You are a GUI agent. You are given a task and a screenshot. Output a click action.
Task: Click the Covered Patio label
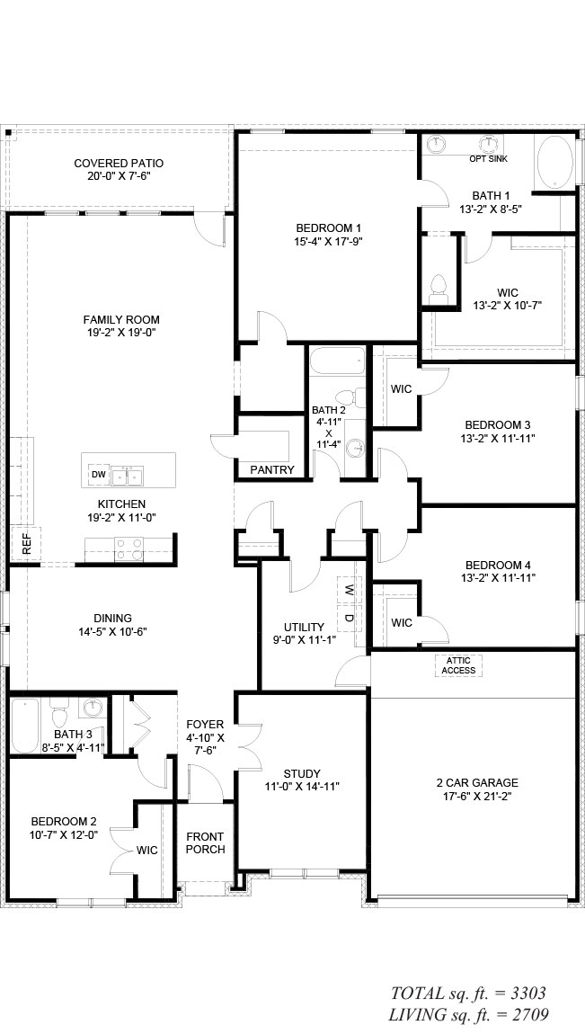119,169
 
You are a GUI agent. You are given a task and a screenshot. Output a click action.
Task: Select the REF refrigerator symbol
26,544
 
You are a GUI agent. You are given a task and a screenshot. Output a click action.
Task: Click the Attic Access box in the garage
458,665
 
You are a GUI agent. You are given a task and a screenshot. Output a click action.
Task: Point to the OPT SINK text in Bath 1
488,159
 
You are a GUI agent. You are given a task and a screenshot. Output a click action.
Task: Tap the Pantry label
272,469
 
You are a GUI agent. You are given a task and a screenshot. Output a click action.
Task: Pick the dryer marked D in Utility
349,620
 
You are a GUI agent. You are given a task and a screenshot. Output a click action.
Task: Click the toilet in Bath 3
60,715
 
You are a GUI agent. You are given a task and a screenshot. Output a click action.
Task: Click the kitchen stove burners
129,548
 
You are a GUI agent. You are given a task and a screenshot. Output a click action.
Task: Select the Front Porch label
205,842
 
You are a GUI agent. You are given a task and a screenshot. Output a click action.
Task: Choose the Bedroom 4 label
498,566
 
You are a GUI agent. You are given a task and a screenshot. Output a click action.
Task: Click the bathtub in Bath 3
25,726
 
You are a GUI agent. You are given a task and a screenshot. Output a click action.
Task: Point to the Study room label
302,773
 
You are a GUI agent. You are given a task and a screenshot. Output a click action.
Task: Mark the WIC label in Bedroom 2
146,851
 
